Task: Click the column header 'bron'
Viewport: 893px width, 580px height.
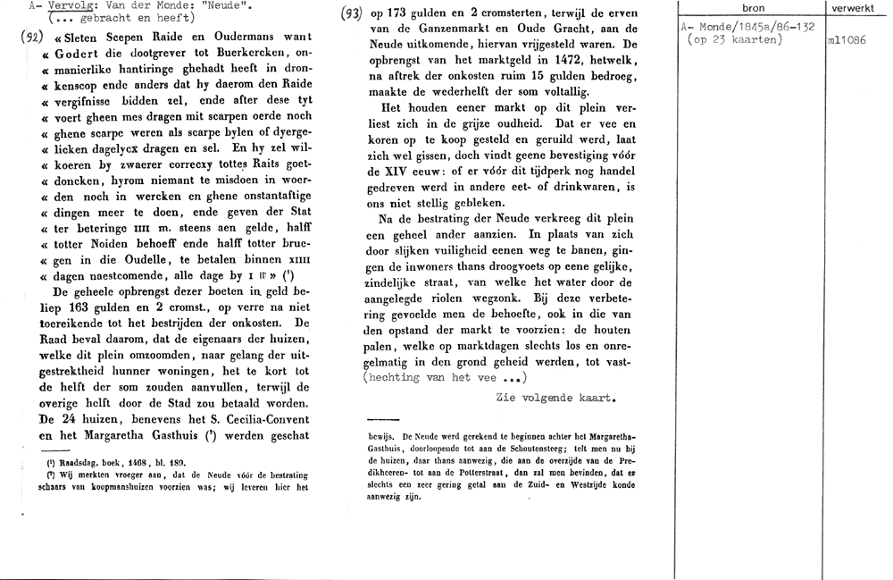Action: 754,8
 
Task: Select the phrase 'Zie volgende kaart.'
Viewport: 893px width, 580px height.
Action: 555,398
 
